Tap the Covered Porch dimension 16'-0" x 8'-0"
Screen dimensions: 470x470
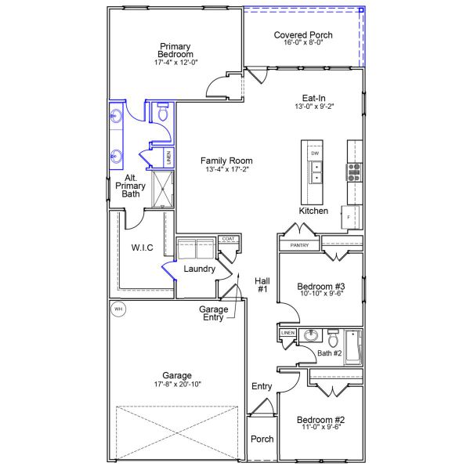[x=303, y=43]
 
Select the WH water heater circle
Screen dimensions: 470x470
[x=118, y=309]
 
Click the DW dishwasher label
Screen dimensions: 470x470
[x=315, y=154]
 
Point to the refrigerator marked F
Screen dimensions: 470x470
[x=346, y=216]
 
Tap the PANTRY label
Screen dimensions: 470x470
[x=299, y=245]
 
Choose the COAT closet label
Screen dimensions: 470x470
[x=228, y=239]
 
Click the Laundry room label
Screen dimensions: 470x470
[x=199, y=269]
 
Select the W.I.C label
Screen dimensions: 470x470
[x=142, y=248]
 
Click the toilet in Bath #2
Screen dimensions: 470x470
[x=334, y=340]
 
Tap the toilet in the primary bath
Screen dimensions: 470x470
[x=163, y=114]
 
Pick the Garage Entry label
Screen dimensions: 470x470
[x=214, y=313]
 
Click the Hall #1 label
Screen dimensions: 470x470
[x=262, y=284]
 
